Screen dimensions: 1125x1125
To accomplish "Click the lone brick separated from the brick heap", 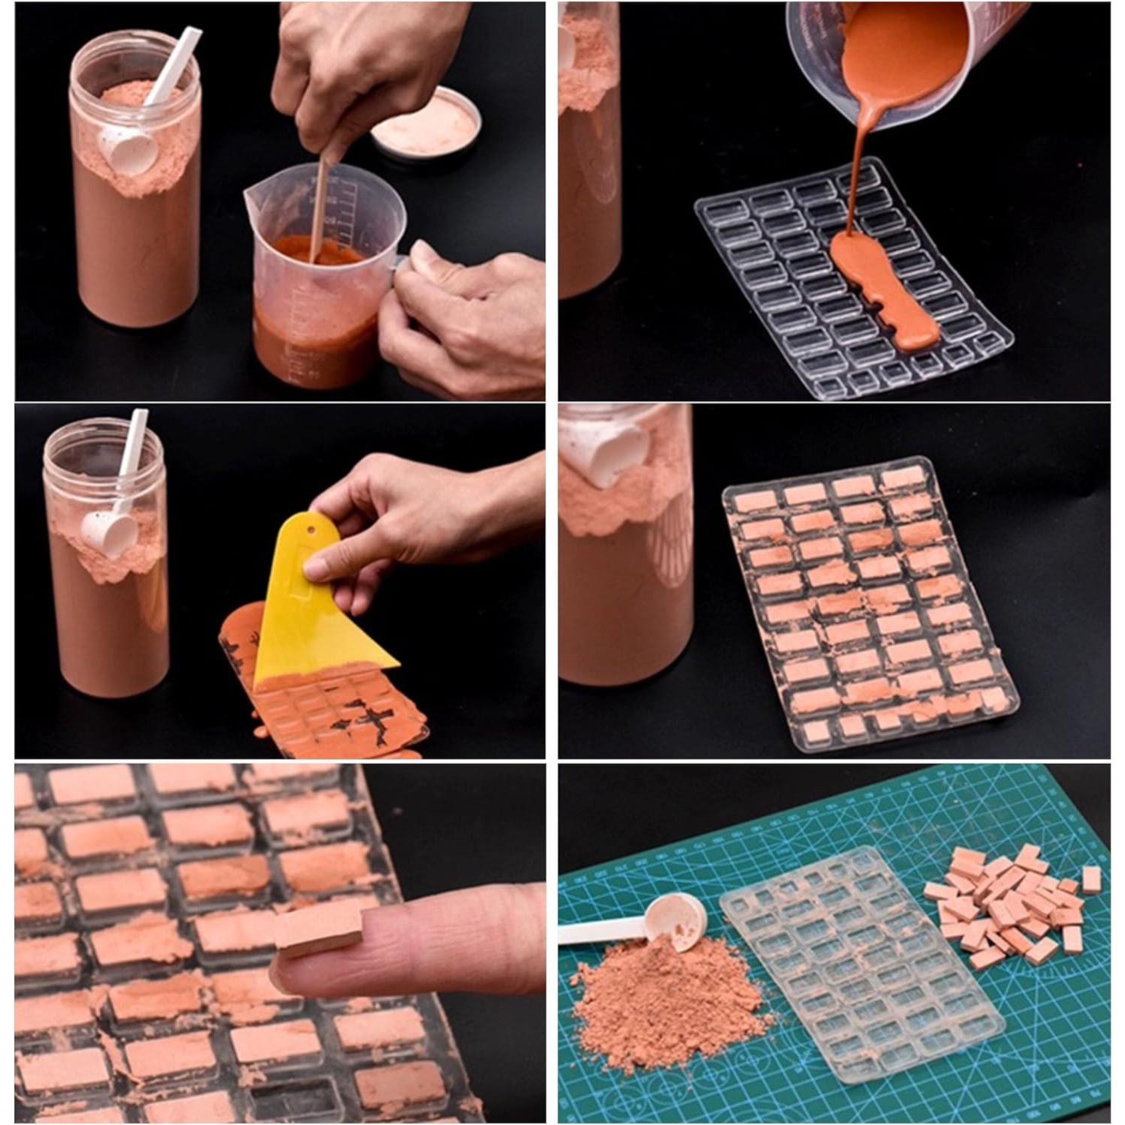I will coord(1091,879).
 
